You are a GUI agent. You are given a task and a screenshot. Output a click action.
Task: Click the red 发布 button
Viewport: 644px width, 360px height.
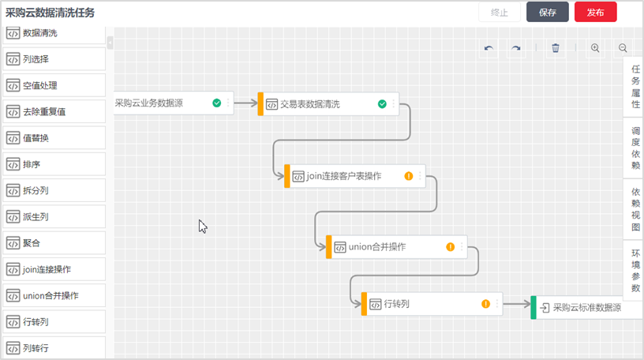(x=595, y=13)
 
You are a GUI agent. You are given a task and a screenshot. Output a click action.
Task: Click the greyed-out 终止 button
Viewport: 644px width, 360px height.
(x=499, y=13)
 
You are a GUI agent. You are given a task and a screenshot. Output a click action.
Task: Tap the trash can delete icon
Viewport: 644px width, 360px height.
(x=556, y=48)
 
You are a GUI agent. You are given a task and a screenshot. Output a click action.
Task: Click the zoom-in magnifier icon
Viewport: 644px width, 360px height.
(x=595, y=48)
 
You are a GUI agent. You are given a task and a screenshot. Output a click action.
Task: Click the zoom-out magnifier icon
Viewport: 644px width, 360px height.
(x=623, y=48)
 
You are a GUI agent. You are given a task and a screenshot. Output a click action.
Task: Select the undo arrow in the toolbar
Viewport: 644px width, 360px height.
(x=489, y=48)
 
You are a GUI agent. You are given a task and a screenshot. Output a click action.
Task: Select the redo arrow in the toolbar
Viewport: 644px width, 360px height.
(x=516, y=48)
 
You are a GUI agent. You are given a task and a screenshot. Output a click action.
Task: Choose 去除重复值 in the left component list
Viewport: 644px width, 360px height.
(x=54, y=111)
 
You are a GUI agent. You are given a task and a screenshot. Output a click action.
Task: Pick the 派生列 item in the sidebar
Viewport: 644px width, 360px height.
(x=54, y=216)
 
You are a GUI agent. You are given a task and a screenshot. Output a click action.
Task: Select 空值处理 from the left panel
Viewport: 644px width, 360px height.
(x=54, y=85)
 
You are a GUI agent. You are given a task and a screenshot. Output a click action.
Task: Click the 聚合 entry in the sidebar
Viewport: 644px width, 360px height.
(x=54, y=242)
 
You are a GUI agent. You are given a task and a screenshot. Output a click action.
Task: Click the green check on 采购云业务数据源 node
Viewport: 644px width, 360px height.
(x=216, y=103)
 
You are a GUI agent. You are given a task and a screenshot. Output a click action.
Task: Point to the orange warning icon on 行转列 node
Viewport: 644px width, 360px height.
(x=486, y=304)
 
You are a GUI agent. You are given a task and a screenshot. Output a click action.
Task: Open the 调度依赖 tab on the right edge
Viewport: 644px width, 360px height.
(x=635, y=148)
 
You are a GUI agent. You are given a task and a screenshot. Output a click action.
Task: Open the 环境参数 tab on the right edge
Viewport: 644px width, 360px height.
(x=635, y=271)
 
